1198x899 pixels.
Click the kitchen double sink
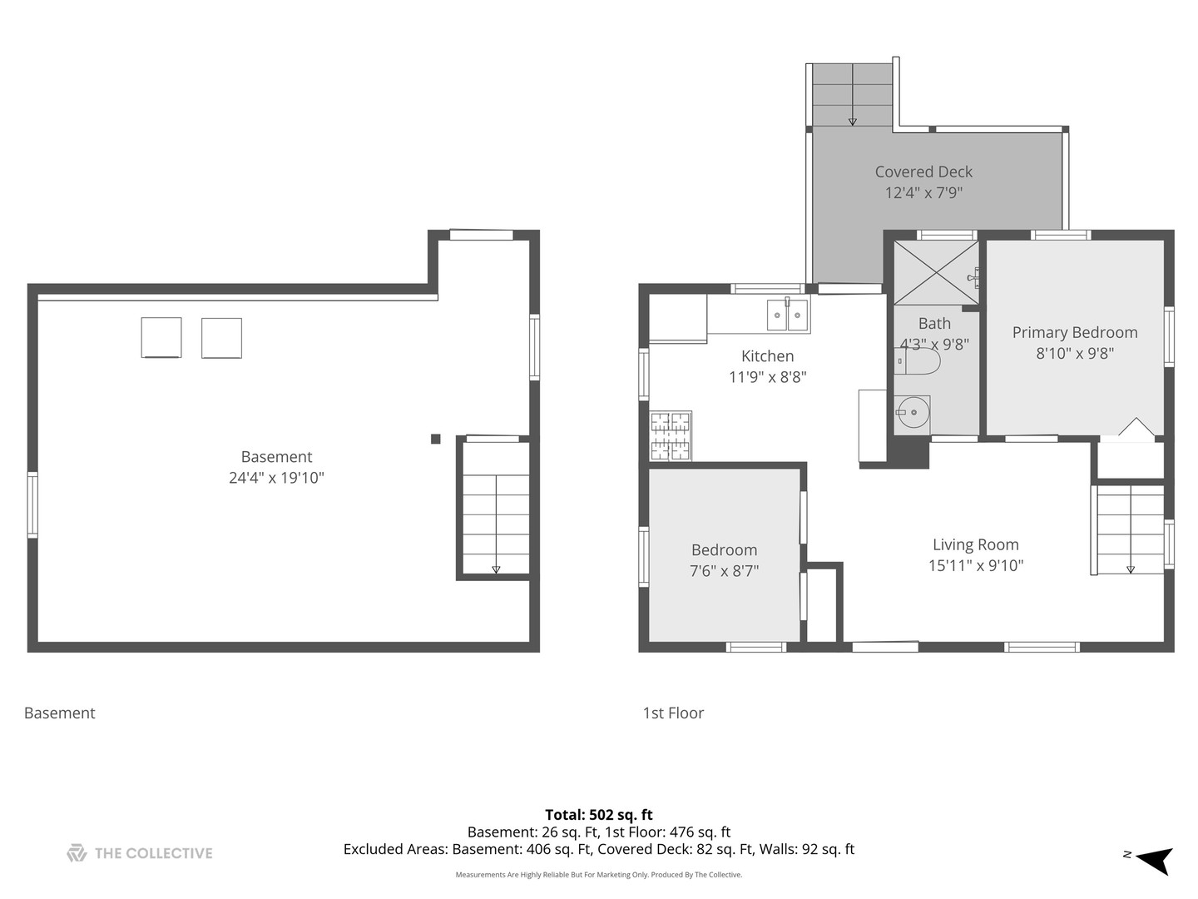coord(788,315)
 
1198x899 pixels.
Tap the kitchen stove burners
coord(671,435)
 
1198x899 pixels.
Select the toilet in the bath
coord(917,360)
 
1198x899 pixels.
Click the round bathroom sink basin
coord(913,412)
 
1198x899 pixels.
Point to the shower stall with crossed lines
coord(936,272)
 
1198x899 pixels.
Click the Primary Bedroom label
coord(1075,332)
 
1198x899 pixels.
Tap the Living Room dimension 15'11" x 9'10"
coord(976,565)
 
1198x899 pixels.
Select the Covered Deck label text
coord(923,172)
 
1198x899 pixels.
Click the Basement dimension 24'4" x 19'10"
coord(277,478)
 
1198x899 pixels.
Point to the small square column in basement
coord(436,439)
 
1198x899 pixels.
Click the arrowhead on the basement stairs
coord(496,569)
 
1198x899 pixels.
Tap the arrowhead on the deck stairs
coord(853,122)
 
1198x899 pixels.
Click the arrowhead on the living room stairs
coord(1131,569)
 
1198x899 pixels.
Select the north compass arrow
coord(1155,861)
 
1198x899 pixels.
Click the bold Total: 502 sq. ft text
coord(599,815)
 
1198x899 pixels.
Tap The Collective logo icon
coord(77,852)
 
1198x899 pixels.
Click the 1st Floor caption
coord(673,713)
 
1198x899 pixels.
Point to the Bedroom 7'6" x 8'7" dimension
coord(725,571)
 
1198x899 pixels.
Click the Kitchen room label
coord(767,356)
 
